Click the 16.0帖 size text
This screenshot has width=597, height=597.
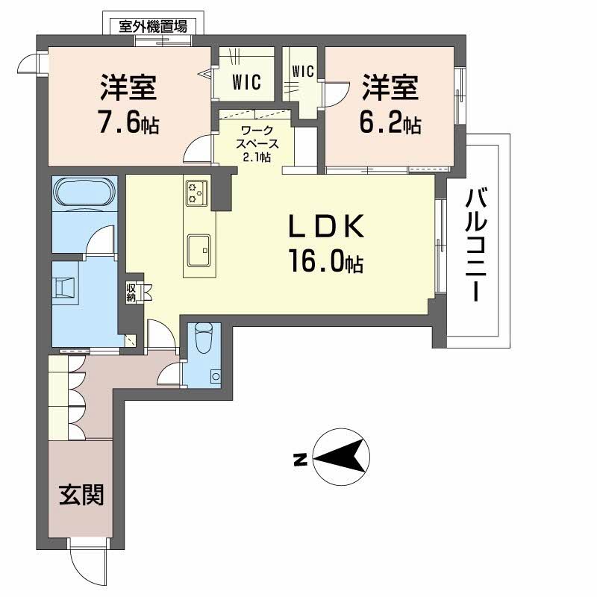327,261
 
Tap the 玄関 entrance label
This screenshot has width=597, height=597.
81,493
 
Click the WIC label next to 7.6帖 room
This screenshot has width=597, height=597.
246,82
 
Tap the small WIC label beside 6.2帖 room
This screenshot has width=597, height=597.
302,72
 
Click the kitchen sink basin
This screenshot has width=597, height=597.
200,249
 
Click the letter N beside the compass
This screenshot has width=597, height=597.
298,460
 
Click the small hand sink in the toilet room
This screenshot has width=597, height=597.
216,377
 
